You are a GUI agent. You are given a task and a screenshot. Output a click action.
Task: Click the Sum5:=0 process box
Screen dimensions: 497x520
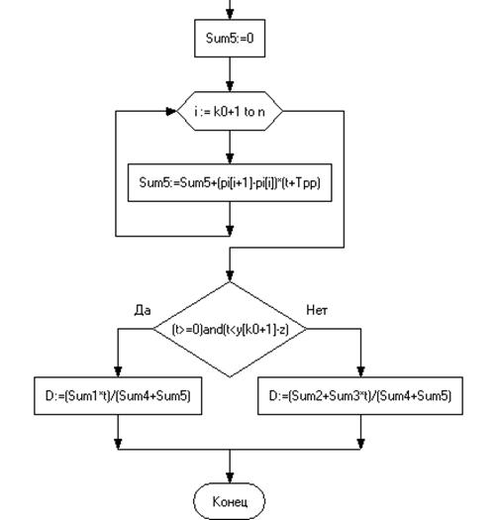(x=230, y=39)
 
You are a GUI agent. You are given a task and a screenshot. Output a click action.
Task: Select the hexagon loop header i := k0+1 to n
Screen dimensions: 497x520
(x=230, y=111)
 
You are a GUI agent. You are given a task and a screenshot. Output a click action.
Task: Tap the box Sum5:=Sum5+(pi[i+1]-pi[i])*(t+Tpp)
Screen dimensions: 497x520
(x=230, y=182)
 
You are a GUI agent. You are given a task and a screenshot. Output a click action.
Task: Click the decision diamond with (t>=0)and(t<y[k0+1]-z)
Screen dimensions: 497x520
(x=230, y=329)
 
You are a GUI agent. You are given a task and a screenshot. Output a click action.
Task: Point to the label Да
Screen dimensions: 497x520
(x=143, y=310)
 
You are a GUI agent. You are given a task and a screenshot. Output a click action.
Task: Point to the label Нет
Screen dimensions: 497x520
(x=317, y=310)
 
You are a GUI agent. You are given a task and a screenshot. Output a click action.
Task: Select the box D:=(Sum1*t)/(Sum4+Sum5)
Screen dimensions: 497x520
(x=118, y=395)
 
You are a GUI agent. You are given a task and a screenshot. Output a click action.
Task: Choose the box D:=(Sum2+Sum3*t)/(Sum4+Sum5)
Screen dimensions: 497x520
(x=360, y=395)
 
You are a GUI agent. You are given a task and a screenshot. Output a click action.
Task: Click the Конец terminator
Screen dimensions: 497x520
(x=230, y=501)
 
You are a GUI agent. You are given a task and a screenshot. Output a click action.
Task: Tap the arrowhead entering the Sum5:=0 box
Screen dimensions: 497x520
(x=230, y=14)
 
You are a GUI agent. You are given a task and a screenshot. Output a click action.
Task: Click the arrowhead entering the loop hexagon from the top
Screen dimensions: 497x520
(x=230, y=86)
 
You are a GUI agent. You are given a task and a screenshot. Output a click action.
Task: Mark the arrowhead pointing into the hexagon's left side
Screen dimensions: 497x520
(x=171, y=111)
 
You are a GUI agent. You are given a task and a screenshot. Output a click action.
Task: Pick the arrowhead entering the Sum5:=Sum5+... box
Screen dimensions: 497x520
(x=230, y=158)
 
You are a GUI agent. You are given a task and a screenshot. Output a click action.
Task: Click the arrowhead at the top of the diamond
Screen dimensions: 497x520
(x=230, y=276)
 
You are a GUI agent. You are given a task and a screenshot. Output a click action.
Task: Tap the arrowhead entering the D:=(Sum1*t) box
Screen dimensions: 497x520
(x=118, y=371)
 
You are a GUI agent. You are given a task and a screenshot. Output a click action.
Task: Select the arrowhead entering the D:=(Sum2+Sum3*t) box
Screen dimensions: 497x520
(x=360, y=371)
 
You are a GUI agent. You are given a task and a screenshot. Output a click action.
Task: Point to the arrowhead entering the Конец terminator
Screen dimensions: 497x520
(x=230, y=477)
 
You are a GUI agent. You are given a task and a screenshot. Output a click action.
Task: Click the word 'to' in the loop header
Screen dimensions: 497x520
(x=248, y=112)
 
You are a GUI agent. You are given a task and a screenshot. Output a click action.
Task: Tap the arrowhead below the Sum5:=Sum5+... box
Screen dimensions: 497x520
(x=230, y=231)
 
